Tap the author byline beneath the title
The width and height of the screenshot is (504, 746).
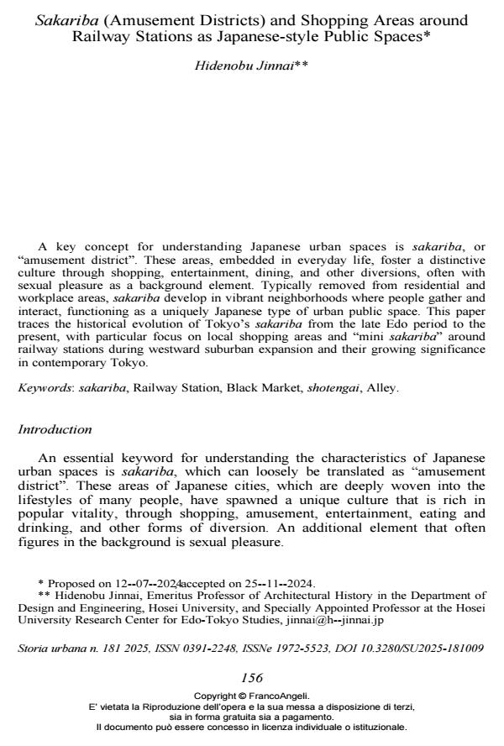252,66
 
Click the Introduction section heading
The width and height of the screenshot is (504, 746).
55,429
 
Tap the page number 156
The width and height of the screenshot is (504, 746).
252,678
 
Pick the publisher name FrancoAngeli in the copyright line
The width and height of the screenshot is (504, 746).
286,696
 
